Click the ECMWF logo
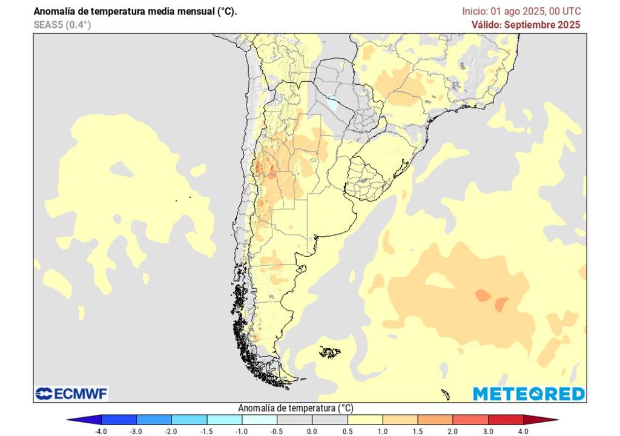[x=71, y=394]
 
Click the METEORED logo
[x=529, y=394]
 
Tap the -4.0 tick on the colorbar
[x=102, y=431]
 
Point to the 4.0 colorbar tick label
[x=523, y=431]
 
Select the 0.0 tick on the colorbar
[x=312, y=431]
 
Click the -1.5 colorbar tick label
[x=206, y=431]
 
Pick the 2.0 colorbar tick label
[x=452, y=431]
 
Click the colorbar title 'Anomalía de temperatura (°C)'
[x=296, y=408]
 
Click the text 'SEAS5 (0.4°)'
[x=62, y=25]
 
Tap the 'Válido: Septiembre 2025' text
[x=526, y=25]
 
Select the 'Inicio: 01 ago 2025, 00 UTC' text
[x=521, y=12]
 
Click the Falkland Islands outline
[x=330, y=351]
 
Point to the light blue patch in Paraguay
[x=332, y=103]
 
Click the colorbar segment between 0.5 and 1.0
[x=364, y=420]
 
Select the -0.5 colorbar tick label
[x=277, y=431]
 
